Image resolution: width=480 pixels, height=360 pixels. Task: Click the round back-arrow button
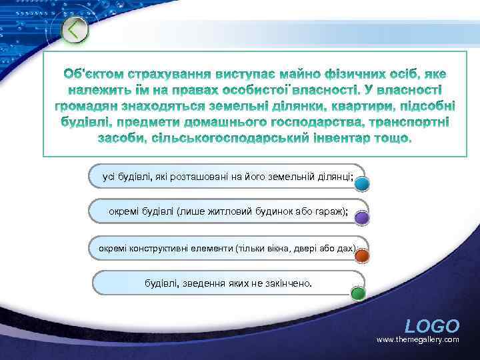click(75, 30)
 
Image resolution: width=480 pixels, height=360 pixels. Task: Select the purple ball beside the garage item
click(361, 218)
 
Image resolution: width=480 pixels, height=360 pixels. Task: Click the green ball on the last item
click(358, 292)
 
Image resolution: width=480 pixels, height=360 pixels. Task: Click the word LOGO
click(432, 326)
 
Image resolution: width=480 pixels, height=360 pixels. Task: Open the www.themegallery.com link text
click(418, 340)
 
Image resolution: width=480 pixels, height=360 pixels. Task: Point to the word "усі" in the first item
click(108, 177)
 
